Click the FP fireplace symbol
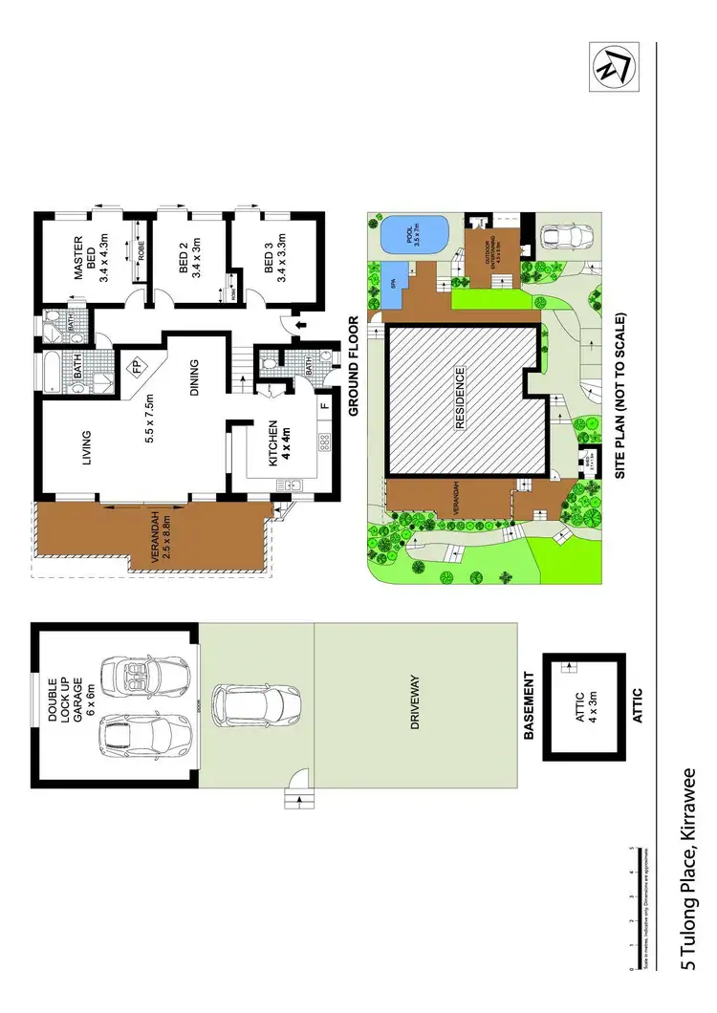coord(137,365)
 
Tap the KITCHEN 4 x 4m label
coord(277,442)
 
